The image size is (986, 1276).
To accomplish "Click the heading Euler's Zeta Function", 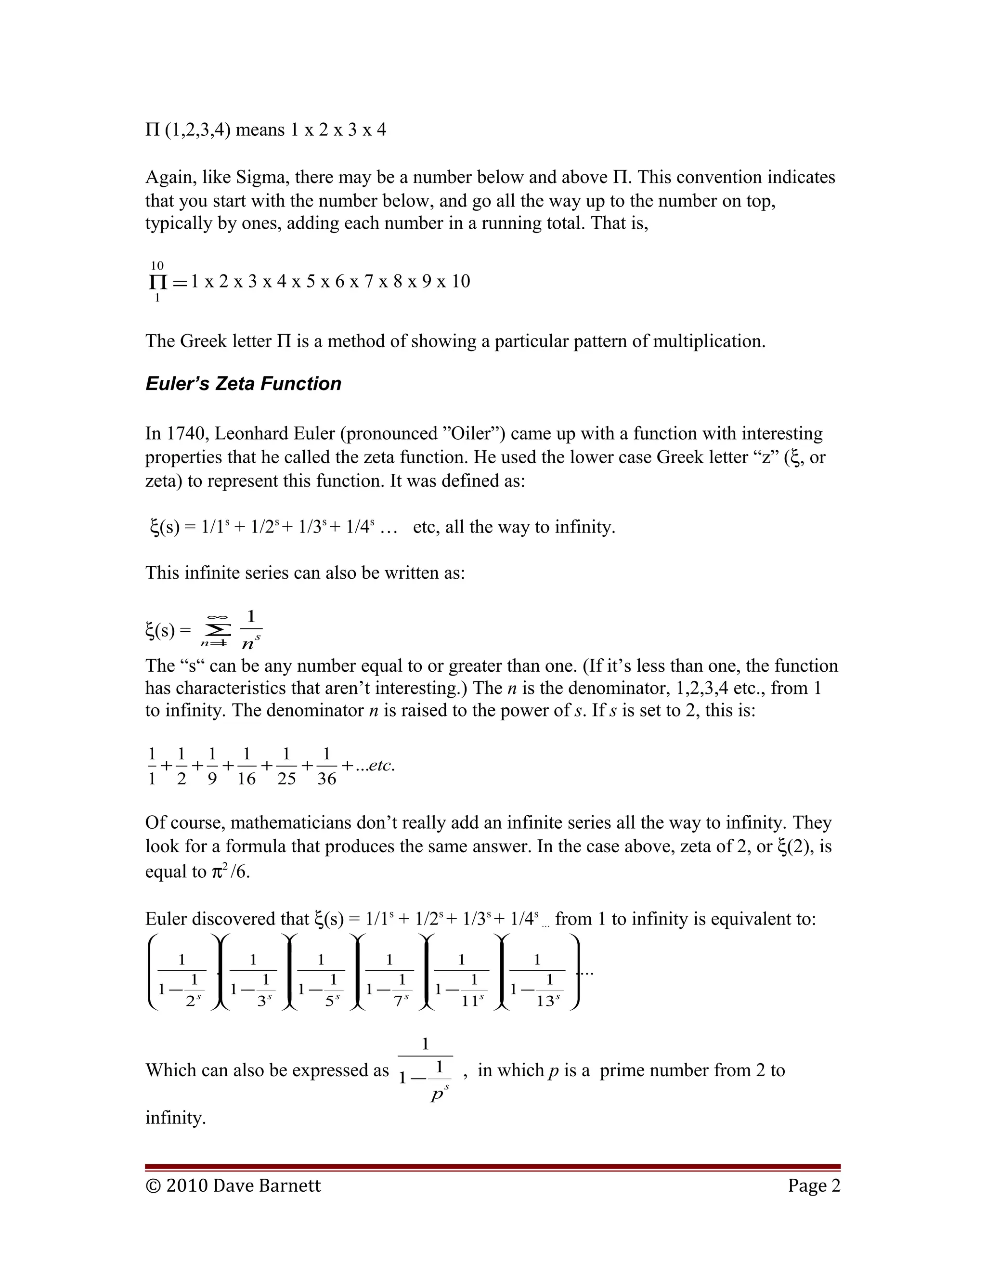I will pos(243,384).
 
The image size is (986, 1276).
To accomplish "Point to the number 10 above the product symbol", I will pos(157,266).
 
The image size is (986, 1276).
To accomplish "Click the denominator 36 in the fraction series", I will pos(326,779).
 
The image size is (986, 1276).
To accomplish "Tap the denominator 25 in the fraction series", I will pos(286,779).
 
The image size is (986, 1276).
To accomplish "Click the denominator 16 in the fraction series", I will pos(246,779).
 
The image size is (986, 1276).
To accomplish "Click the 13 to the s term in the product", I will pos(548,1001).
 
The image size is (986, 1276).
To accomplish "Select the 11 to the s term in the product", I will pos(472,1001).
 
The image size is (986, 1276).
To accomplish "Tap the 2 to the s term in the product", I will pos(193,1001).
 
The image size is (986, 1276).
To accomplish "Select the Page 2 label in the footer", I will pos(814,1185).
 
